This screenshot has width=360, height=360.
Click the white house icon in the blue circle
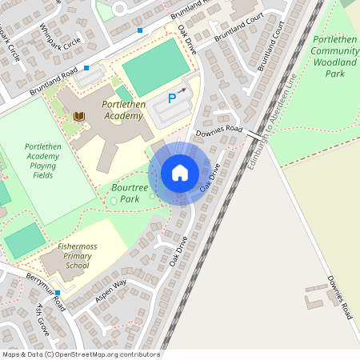tap(180, 173)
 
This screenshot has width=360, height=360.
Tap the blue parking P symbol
tap(171, 98)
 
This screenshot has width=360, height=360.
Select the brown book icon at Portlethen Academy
tap(78, 118)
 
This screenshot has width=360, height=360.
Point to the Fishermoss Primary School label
tap(78, 256)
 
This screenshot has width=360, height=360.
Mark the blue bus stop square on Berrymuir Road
tap(57, 293)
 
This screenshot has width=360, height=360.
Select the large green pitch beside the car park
tap(152, 66)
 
